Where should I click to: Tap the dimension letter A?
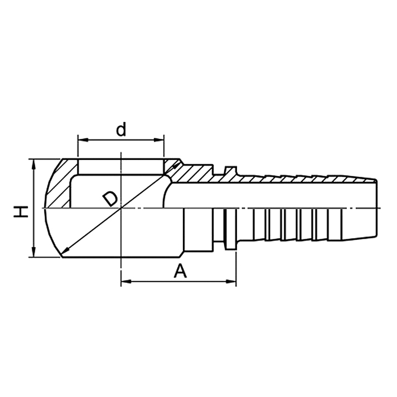tap(180, 271)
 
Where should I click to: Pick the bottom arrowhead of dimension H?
tap(35, 253)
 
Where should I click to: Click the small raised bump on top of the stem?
tap(230, 169)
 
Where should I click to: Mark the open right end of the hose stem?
tap(376, 208)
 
